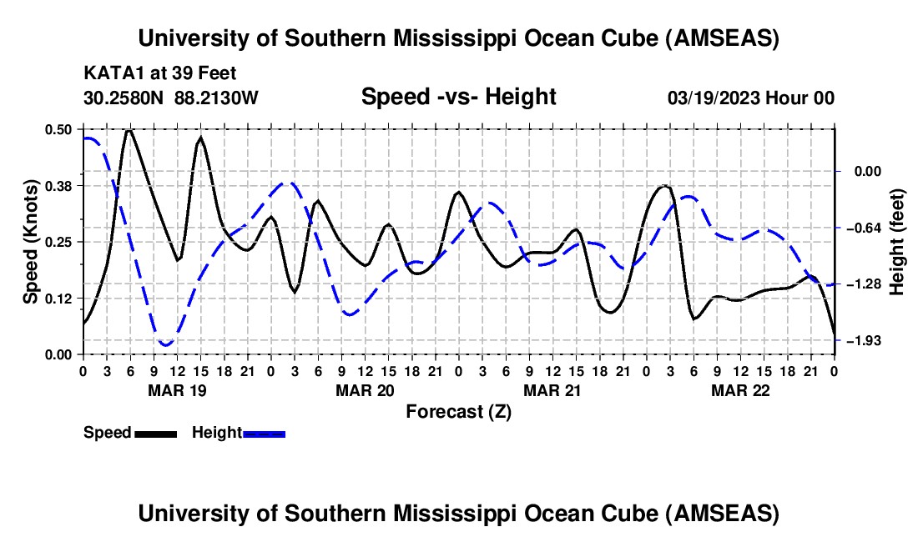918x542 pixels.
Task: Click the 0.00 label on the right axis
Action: [x=865, y=171]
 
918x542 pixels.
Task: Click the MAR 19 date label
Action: [x=177, y=389]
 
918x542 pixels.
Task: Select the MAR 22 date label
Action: [x=740, y=389]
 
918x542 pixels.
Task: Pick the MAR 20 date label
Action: [x=365, y=389]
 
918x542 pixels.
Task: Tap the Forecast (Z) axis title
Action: [x=458, y=411]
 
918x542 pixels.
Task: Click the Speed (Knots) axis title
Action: [x=31, y=241]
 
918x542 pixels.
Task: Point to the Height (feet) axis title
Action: [x=898, y=241]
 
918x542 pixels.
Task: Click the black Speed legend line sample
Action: [x=154, y=433]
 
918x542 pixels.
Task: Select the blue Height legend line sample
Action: [x=264, y=433]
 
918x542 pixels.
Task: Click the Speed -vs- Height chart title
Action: [x=458, y=97]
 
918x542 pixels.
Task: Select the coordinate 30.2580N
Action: [x=124, y=98]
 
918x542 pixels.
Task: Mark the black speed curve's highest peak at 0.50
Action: [x=129, y=130]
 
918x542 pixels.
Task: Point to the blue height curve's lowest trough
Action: [x=165, y=344]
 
